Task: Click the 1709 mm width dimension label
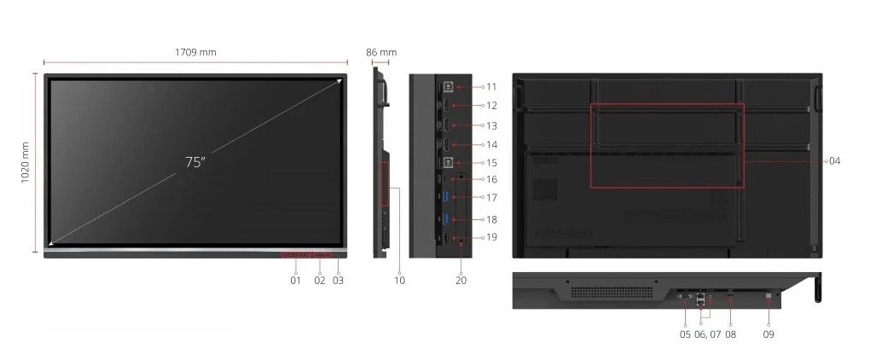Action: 195,52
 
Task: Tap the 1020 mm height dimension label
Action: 26,162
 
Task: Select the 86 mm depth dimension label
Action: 381,52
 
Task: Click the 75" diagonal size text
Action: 195,162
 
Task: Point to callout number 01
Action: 295,280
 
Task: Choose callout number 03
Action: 338,280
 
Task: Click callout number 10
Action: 399,280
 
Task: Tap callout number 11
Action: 491,87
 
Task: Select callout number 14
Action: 491,144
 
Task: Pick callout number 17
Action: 491,197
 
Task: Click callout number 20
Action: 461,280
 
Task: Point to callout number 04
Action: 835,161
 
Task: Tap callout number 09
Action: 769,334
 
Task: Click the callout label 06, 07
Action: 707,334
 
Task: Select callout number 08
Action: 730,334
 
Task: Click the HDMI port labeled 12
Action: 445,105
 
